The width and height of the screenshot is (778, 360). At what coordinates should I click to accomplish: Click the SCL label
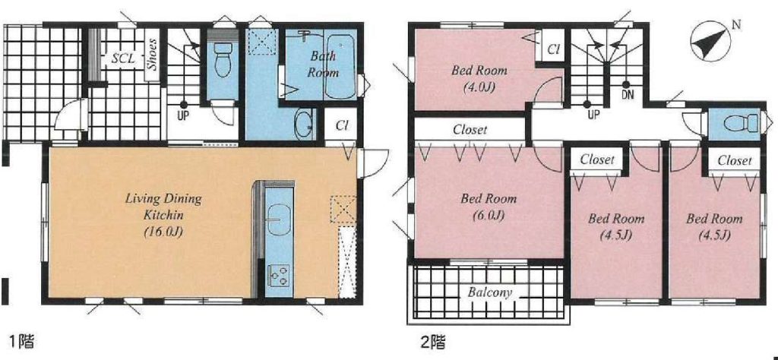pos(122,58)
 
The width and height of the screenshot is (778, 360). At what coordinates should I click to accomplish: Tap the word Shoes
pos(153,54)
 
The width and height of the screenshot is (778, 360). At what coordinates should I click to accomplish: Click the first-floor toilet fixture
pos(223,58)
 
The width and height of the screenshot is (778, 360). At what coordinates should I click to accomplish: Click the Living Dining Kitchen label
pos(163,215)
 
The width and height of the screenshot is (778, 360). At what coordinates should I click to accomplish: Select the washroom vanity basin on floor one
pos(303,125)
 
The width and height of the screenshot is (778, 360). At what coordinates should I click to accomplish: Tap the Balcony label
pos(490,292)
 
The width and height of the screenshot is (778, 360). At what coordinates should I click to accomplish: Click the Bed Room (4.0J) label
pos(479,78)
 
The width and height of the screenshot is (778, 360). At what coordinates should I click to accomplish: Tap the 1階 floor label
pos(20,341)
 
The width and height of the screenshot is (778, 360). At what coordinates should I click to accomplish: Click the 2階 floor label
pos(432,341)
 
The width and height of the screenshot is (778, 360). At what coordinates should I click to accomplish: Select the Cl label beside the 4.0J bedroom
pos(554,49)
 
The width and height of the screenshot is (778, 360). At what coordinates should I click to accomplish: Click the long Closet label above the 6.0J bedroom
pos(470,130)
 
